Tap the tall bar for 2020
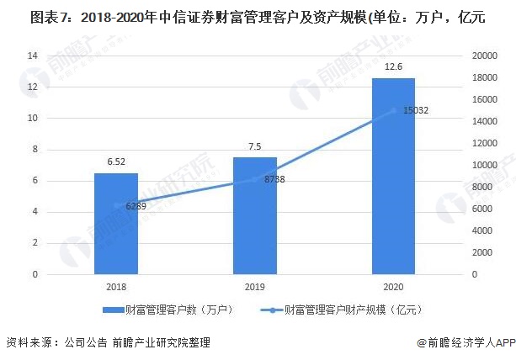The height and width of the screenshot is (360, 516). click(x=393, y=176)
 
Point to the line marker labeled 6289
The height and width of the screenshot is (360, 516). click(x=115, y=205)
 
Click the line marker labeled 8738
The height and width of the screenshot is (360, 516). click(x=254, y=178)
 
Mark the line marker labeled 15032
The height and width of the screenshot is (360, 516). click(x=393, y=110)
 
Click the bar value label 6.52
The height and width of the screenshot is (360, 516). click(x=115, y=161)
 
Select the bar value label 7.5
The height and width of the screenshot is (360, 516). click(x=254, y=146)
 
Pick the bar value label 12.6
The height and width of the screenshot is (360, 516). click(x=393, y=66)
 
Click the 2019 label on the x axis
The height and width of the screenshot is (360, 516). click(x=254, y=288)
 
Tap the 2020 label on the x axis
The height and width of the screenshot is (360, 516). click(x=393, y=288)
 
